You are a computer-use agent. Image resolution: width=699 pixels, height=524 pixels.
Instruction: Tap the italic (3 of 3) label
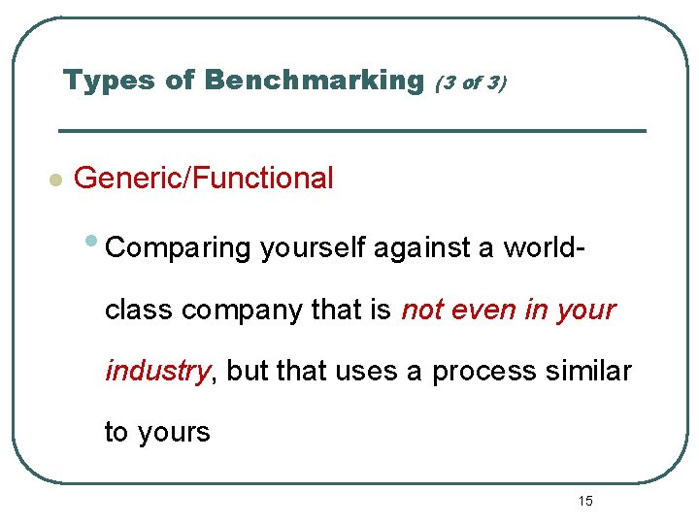tap(470, 83)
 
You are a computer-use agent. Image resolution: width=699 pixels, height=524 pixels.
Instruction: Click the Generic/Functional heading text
tap(204, 179)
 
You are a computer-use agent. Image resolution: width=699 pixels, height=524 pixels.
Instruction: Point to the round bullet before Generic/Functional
tap(55, 180)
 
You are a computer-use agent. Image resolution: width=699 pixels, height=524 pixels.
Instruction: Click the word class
tap(139, 311)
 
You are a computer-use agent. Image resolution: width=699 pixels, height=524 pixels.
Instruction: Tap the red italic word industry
tap(157, 372)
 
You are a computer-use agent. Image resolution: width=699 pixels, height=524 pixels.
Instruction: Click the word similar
tap(588, 372)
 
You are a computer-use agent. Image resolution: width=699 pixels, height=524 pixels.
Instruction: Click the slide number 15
tap(585, 502)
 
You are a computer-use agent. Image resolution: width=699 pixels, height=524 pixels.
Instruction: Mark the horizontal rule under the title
tap(351, 130)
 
